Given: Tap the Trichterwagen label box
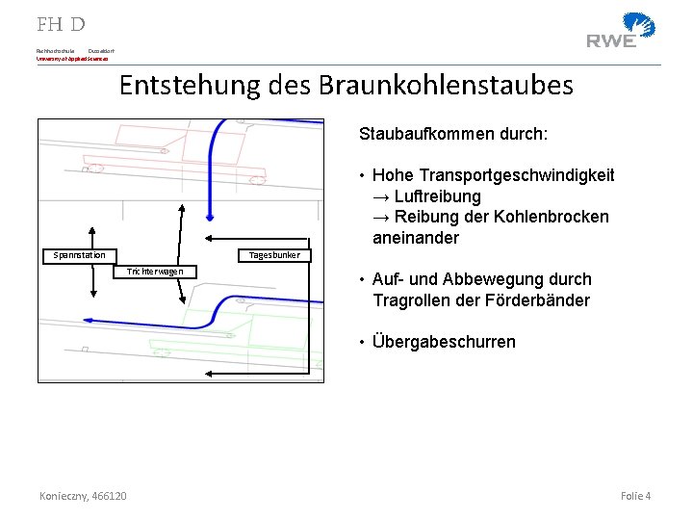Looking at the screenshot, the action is point(155,272).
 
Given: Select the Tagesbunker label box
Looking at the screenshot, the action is point(274,254).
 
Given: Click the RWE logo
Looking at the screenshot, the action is point(621,31).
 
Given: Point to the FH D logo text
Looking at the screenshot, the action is point(61,24).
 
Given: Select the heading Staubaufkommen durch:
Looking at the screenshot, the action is point(453,134).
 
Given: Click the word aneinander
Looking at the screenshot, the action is point(416,238).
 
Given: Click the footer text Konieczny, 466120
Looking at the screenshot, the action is point(83,495).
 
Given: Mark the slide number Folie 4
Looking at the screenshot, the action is point(635,495).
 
